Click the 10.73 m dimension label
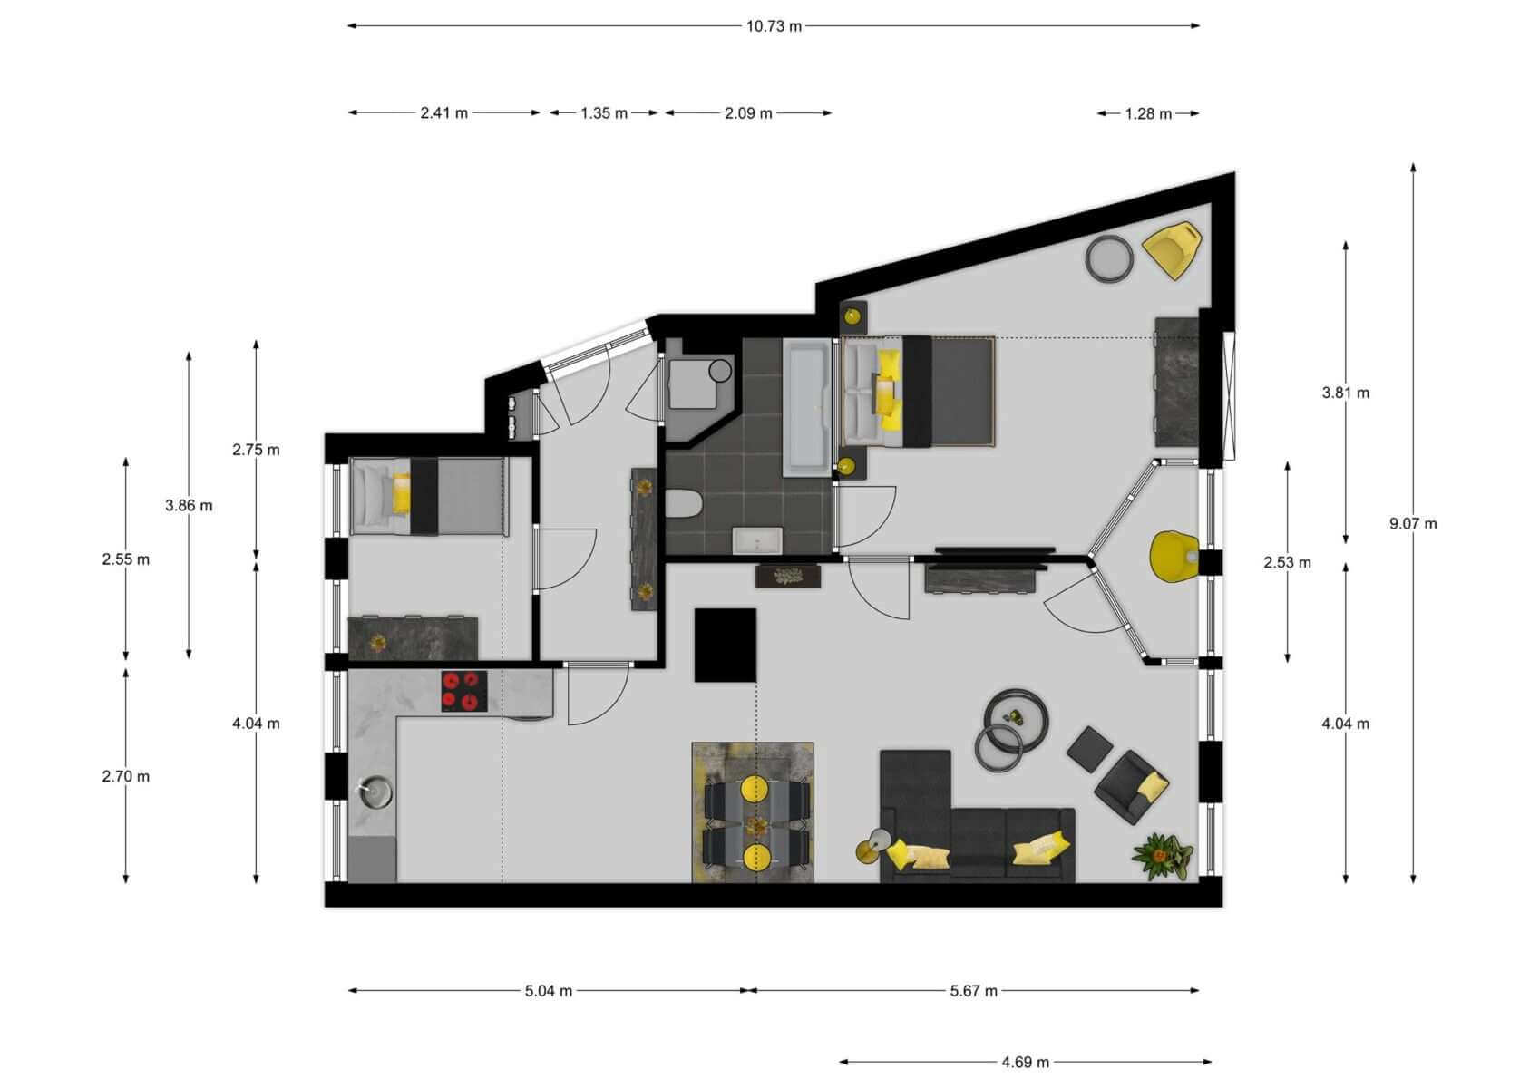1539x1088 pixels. click(x=774, y=27)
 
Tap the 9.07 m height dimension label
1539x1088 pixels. click(x=1413, y=524)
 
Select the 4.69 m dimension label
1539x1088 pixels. click(x=1025, y=1063)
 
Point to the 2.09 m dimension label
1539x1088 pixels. click(x=748, y=113)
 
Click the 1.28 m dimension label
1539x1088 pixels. click(x=1148, y=114)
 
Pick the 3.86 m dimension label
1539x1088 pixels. click(x=189, y=506)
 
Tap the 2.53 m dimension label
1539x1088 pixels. click(x=1287, y=563)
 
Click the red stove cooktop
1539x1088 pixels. click(x=464, y=691)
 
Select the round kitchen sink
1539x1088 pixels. click(x=375, y=792)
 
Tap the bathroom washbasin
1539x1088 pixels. click(x=756, y=540)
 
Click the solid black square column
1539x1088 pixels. click(x=725, y=645)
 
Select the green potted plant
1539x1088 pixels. click(x=1161, y=856)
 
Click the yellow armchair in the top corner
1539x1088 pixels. click(x=1172, y=248)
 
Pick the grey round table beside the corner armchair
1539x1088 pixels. click(x=1109, y=258)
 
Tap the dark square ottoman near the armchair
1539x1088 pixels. click(x=1090, y=748)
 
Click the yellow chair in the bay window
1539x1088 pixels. click(x=1174, y=557)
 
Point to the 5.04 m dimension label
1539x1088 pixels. click(x=549, y=991)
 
